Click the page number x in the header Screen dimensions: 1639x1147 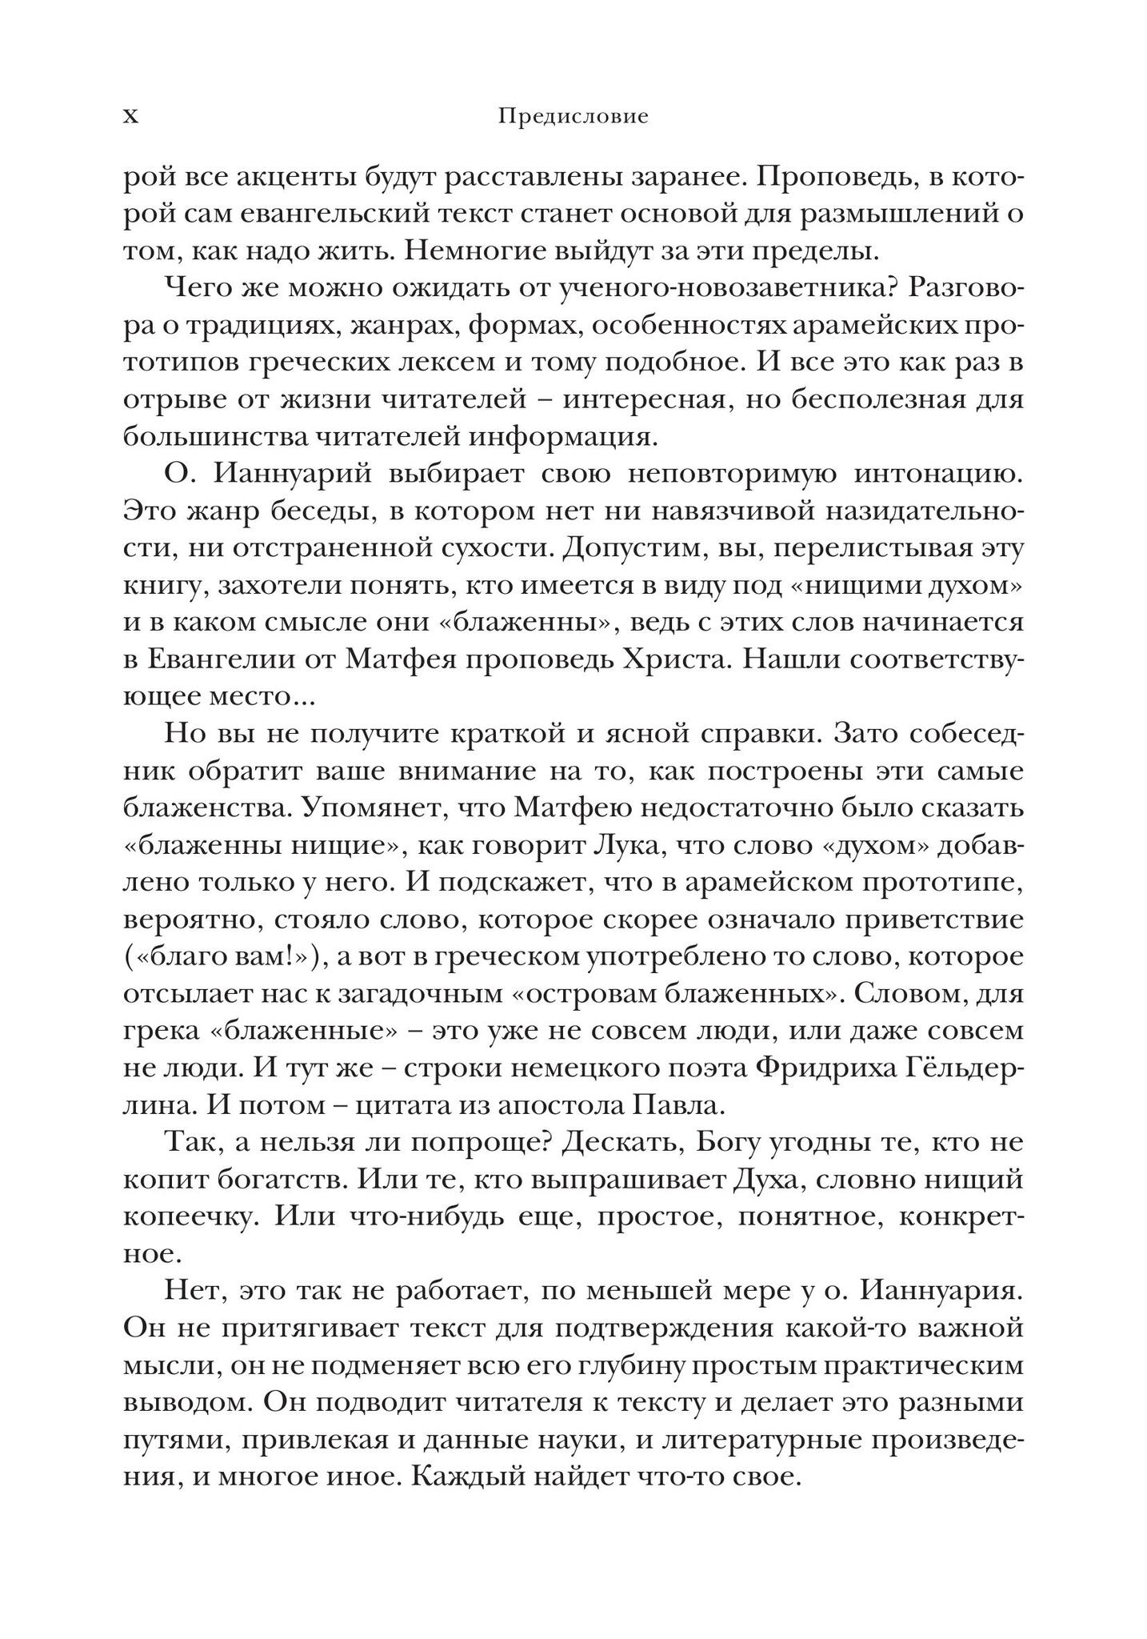point(130,117)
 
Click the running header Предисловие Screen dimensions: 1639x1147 point(573,117)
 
